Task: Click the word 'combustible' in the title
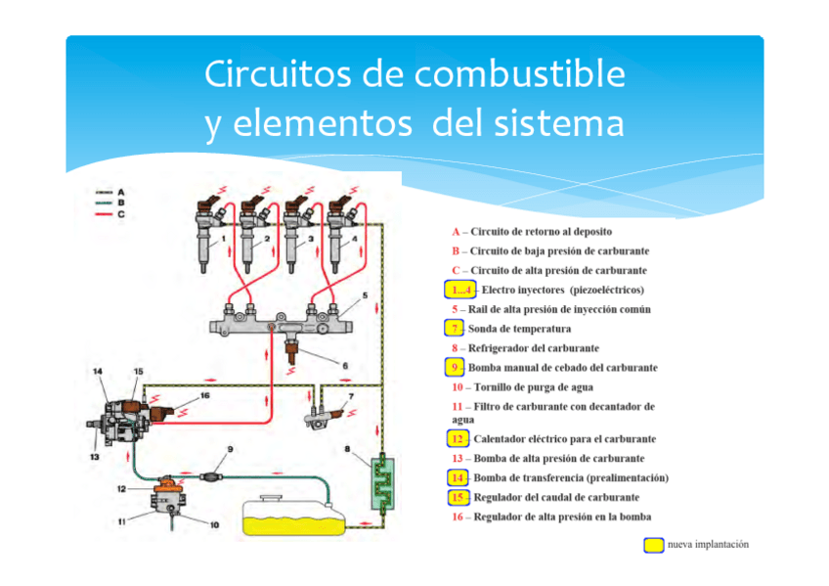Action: tap(522, 75)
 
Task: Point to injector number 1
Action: tap(207, 235)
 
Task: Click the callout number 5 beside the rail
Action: tap(365, 294)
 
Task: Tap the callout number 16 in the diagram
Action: tap(205, 397)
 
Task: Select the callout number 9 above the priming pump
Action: tap(231, 449)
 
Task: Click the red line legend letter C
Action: tap(120, 212)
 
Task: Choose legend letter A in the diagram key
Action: tap(120, 193)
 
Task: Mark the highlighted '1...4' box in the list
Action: tap(458, 290)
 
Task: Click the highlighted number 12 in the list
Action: tap(458, 439)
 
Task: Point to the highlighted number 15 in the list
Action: tap(458, 497)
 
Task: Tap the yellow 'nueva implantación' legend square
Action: tap(654, 545)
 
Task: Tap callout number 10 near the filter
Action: tap(215, 525)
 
